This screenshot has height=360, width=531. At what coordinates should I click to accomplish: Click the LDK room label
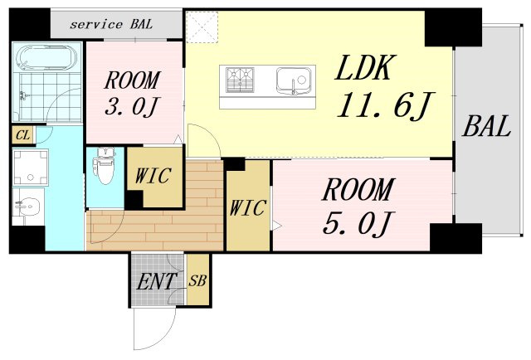[365, 68]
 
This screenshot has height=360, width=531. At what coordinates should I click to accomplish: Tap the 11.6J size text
[385, 105]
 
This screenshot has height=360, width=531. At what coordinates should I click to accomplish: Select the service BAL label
[111, 24]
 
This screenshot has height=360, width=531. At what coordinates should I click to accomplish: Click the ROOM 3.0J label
[131, 94]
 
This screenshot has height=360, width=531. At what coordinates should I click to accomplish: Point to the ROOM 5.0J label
[358, 207]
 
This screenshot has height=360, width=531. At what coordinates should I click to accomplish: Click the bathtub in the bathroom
[46, 58]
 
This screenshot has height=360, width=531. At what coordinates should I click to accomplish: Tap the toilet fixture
[105, 165]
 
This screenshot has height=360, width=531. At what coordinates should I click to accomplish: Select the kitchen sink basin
[293, 80]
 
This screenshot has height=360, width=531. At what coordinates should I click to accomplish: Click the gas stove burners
[240, 80]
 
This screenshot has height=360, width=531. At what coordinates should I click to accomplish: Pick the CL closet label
[22, 135]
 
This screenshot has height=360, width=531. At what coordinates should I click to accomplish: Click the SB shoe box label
[197, 280]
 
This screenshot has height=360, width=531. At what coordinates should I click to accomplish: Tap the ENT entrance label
[157, 281]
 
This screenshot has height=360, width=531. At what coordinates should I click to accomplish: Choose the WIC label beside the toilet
[153, 175]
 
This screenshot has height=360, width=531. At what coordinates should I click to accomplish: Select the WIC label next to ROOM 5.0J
[247, 207]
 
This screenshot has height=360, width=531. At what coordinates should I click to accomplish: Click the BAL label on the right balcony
[486, 126]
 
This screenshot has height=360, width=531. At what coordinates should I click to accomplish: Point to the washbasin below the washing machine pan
[28, 207]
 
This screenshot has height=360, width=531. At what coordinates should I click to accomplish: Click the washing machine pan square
[31, 168]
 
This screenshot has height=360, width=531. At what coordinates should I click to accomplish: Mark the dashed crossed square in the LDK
[202, 27]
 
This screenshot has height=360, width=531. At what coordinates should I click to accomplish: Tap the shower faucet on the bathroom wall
[23, 95]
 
